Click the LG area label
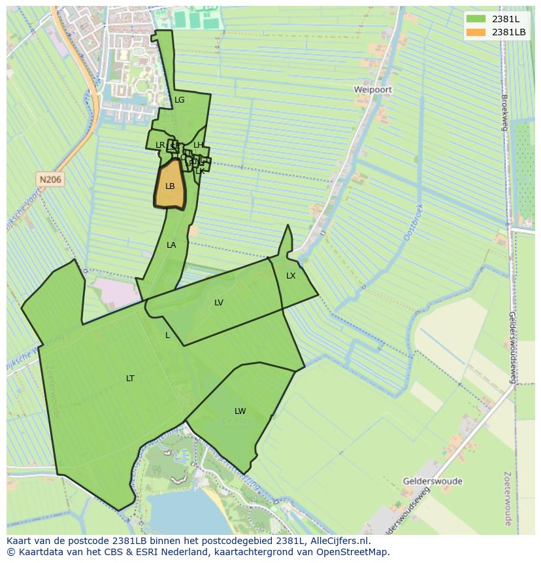180,100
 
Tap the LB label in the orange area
170,186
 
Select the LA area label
171,245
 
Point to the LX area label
291,276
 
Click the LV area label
219,303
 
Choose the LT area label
130,379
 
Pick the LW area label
240,411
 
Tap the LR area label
160,145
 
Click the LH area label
199,145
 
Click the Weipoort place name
373,89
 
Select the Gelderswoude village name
433,481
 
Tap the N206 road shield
50,179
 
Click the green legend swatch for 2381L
476,19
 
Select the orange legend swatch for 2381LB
476,32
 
